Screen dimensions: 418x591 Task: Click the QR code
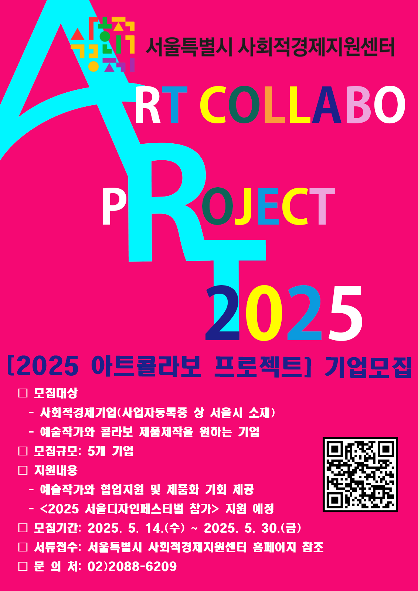click(360, 474)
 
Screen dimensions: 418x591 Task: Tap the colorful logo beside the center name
click(103, 44)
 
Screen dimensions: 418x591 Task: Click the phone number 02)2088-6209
click(132, 567)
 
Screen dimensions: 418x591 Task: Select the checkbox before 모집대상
click(23, 393)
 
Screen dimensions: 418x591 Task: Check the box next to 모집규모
click(23, 451)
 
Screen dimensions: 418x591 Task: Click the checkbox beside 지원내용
click(23, 470)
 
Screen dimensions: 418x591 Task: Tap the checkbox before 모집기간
click(23, 528)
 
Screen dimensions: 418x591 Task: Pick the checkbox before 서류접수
click(23, 547)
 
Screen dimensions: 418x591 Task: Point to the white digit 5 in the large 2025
click(346, 313)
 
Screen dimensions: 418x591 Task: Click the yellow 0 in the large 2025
click(264, 313)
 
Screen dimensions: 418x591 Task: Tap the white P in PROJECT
click(114, 206)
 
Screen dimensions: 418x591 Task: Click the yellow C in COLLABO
click(213, 105)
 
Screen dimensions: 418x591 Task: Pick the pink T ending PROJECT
click(322, 206)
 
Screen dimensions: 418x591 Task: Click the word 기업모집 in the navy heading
click(368, 367)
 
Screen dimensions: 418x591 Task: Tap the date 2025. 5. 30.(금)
click(252, 528)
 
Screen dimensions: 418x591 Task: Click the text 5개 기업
click(111, 451)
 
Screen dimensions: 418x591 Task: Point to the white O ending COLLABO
click(390, 105)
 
